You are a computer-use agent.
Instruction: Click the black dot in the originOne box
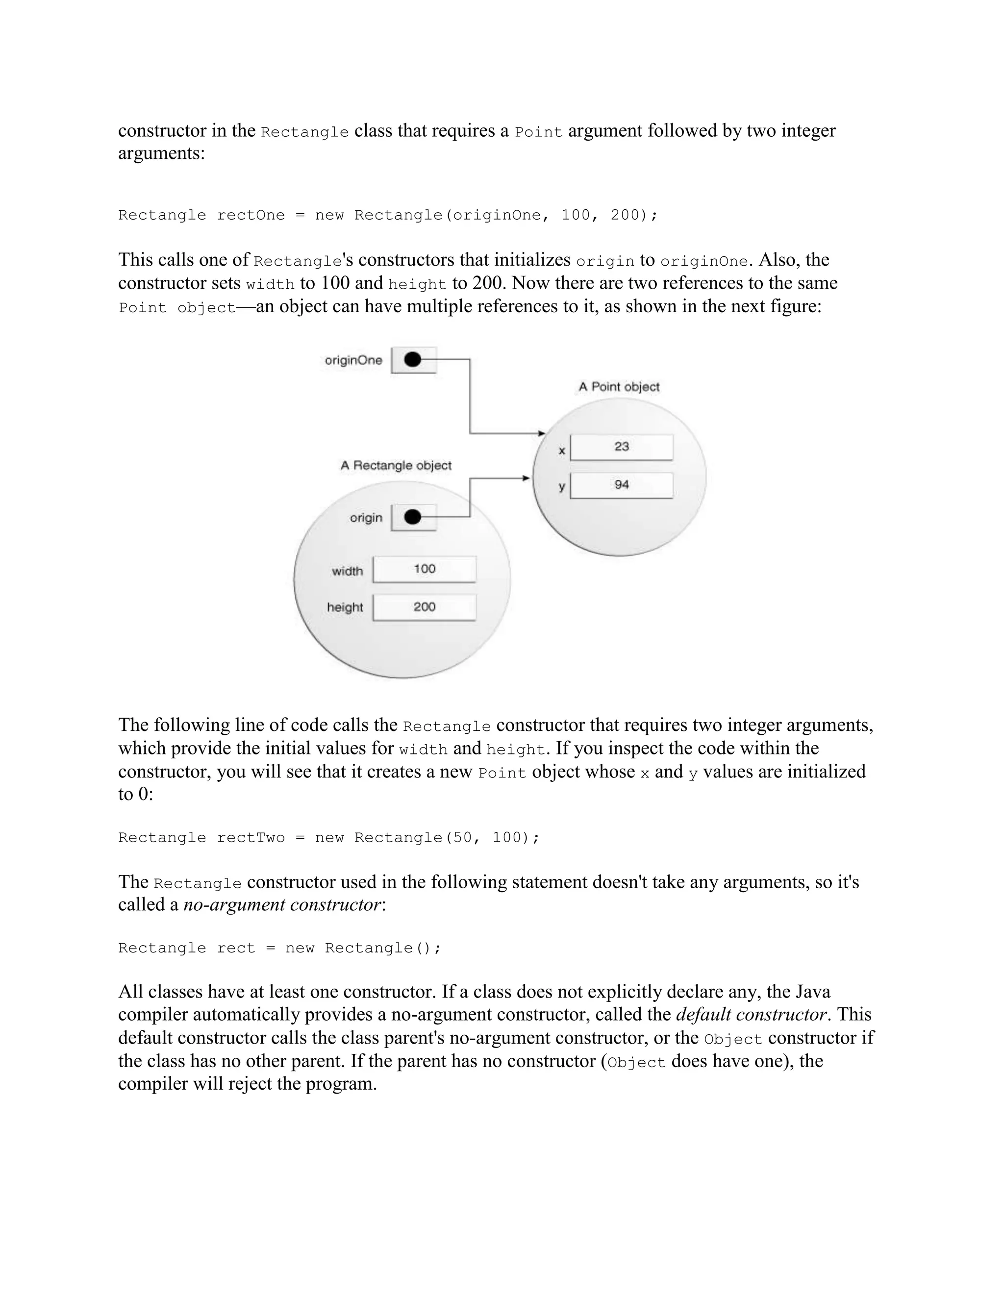412,360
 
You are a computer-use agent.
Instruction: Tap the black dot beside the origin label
412,518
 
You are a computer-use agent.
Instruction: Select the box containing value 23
622,447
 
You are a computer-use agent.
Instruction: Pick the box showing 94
622,485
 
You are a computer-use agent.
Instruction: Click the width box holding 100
425,569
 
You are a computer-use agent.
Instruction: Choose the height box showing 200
425,607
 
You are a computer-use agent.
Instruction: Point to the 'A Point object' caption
619,387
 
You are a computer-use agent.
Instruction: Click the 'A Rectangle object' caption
396,466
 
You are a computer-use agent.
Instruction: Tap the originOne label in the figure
353,360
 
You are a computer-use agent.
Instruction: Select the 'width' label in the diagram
348,572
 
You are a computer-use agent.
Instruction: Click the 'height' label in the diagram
345,608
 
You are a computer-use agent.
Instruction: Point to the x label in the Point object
561,451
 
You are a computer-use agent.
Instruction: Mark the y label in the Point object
561,487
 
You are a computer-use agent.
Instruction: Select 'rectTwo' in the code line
251,838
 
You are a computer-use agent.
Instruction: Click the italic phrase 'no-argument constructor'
282,905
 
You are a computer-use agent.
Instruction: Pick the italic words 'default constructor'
751,1015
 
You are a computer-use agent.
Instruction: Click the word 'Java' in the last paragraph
813,992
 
